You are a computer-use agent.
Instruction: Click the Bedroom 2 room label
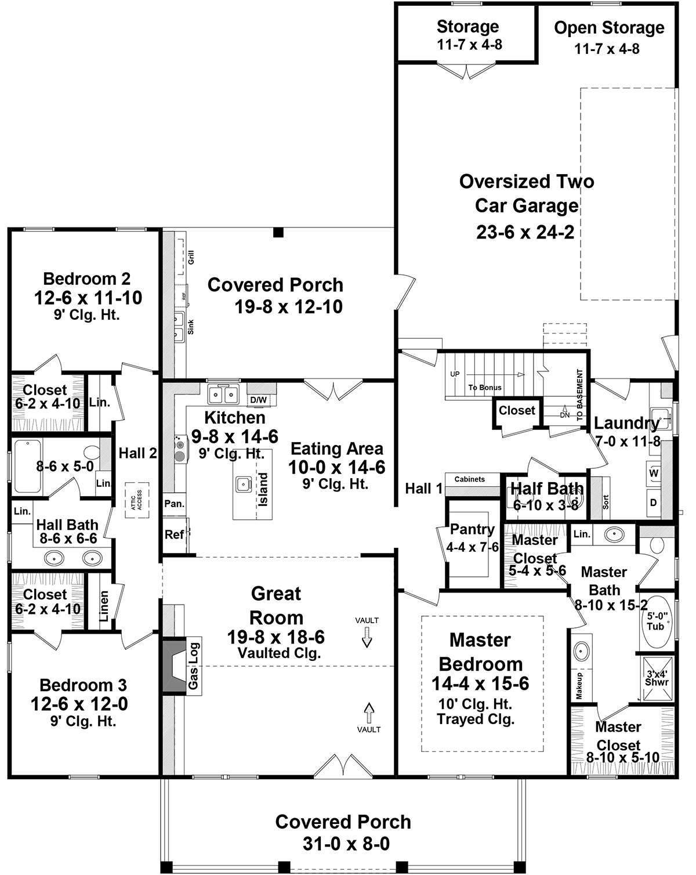pos(87,278)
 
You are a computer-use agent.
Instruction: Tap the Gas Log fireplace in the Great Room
pos(180,666)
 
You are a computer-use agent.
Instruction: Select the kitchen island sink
pos(242,483)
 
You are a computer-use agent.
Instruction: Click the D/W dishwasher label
pos(258,400)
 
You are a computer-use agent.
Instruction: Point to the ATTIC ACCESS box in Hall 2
pos(137,496)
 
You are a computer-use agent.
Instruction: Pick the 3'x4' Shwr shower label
pos(657,678)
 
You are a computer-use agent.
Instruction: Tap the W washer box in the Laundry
pos(654,473)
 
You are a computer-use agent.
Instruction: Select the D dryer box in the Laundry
pos(654,502)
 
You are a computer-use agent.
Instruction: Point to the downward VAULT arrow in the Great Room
pos(367,639)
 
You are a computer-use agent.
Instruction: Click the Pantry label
pos(472,529)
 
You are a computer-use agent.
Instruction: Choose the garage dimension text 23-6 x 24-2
pos(525,232)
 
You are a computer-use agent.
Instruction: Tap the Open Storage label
pos(608,28)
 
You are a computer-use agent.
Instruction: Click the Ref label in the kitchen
pos(174,534)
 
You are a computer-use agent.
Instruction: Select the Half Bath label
pos(546,489)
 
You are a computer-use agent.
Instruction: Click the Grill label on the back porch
pos(191,257)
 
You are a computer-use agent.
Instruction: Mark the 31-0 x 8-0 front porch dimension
pos(346,844)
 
